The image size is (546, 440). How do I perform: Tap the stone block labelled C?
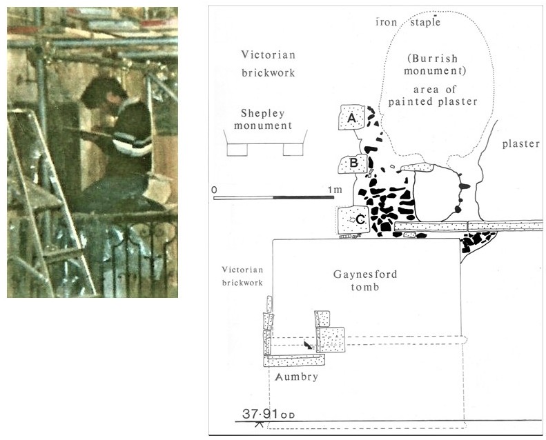[x=353, y=220]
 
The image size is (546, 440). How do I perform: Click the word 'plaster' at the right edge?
[x=520, y=143]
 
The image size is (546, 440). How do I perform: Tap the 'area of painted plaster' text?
[x=441, y=96]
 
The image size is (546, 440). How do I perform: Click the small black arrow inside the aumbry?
[x=309, y=344]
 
